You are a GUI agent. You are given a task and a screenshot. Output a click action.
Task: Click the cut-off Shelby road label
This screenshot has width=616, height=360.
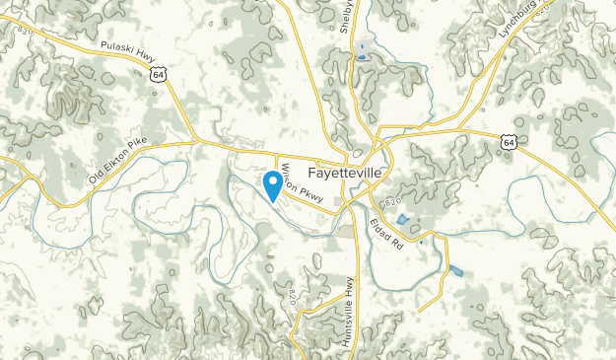[x=346, y=20]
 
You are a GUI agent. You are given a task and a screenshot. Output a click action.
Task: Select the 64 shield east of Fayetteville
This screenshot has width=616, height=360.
[x=508, y=143]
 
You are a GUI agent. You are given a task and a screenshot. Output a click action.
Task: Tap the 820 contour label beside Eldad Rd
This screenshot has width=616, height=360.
[x=392, y=202]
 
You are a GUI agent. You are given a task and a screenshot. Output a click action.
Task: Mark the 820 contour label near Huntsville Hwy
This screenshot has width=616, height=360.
[x=293, y=297]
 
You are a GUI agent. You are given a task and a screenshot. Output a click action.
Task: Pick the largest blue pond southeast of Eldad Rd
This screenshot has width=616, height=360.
[x=455, y=270]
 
